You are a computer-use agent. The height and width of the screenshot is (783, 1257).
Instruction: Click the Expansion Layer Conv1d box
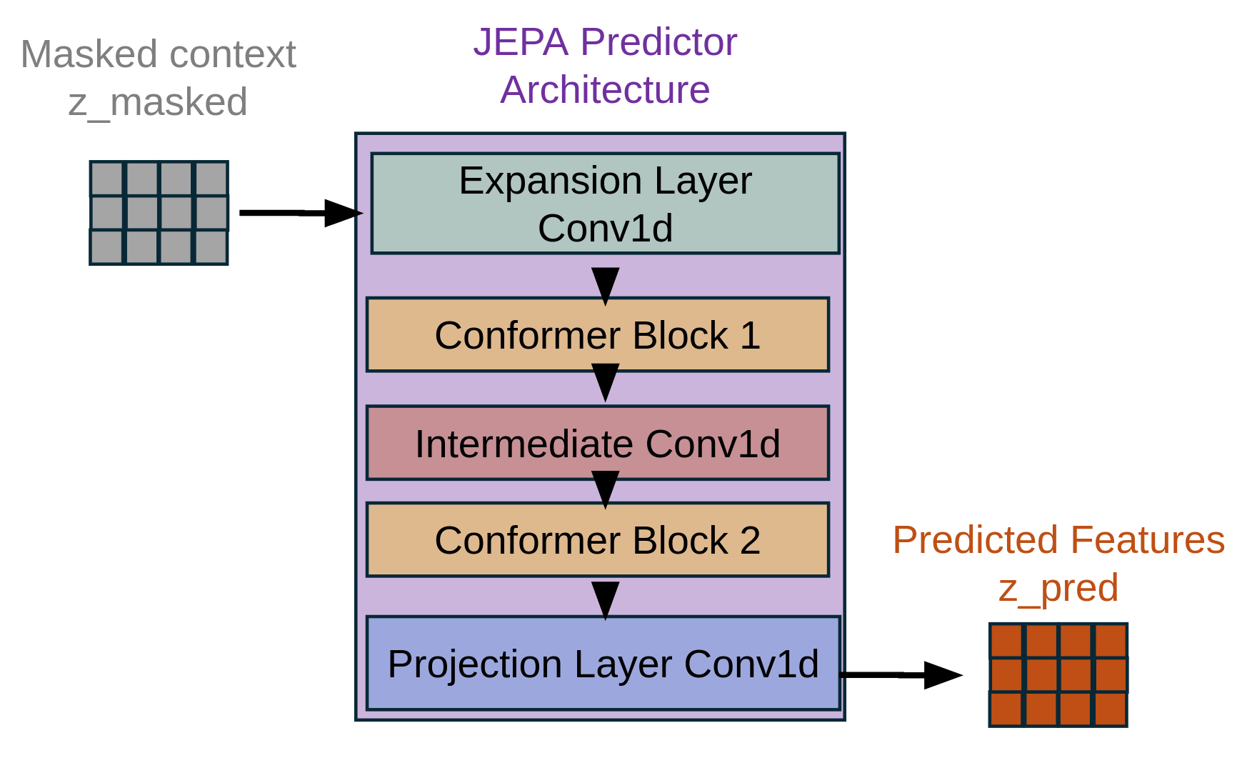click(605, 204)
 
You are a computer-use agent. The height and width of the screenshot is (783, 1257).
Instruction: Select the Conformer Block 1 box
click(597, 335)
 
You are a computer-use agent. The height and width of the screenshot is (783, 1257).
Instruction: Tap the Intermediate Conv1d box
click(597, 444)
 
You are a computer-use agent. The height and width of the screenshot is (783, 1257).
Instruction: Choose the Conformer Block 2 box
click(597, 540)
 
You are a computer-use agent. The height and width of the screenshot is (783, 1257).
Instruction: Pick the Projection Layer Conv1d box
click(603, 664)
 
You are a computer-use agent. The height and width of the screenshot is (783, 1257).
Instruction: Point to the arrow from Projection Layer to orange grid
click(900, 674)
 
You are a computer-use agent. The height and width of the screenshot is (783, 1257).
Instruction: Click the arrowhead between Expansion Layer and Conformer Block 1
click(605, 284)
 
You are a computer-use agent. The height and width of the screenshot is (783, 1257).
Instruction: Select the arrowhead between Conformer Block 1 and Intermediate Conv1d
click(605, 381)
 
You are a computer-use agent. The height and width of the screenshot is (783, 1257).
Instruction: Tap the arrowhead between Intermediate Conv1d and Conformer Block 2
click(605, 488)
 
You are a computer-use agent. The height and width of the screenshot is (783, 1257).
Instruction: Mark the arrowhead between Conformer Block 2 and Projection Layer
click(605, 599)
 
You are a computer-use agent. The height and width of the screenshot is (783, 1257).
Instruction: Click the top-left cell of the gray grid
click(107, 179)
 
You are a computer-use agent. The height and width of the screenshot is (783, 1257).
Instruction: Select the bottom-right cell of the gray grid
click(211, 247)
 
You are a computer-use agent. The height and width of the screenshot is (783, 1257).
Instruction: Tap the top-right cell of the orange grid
click(1111, 641)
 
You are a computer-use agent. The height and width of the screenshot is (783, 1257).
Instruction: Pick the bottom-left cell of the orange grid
click(1006, 709)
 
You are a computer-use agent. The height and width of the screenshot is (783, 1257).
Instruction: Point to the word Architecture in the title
click(605, 90)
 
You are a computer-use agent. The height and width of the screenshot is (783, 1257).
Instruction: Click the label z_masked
click(158, 102)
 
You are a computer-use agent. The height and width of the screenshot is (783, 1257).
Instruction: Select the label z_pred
click(1058, 588)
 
